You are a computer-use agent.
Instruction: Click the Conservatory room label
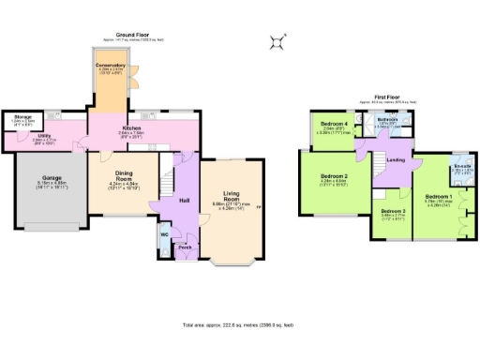(111, 65)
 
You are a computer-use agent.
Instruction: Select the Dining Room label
(124, 176)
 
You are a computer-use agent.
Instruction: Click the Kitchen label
(129, 128)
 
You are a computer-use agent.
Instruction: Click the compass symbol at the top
(277, 40)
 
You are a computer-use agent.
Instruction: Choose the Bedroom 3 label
(393, 212)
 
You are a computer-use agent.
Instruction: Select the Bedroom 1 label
(439, 196)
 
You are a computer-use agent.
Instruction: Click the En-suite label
(460, 166)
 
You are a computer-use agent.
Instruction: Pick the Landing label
(396, 160)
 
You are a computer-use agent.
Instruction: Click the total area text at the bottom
(240, 325)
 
